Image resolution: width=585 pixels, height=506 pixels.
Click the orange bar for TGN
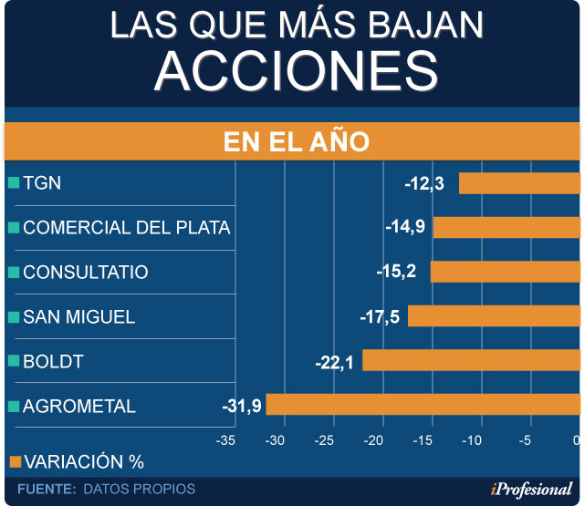pos(519,183)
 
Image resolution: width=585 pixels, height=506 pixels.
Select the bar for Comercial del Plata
pos(507,227)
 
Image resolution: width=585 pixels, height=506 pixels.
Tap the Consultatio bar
pos(506,272)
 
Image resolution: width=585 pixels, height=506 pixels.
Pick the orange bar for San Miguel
pos(494,316)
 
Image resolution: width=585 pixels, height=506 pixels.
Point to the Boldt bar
pos(471,361)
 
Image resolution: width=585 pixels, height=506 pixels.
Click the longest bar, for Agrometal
pos(423,405)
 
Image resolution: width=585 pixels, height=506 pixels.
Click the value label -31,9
pos(242,406)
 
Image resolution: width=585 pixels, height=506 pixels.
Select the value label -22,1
pos(336,362)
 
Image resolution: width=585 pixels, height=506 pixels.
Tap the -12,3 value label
pos(425,184)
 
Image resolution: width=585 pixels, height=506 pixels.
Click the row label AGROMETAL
pos(79,407)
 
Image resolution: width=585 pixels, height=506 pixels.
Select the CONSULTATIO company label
pos(86,273)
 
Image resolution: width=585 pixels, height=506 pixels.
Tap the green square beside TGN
pos(13,182)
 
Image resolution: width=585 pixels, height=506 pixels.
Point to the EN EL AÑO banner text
pos(296,143)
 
